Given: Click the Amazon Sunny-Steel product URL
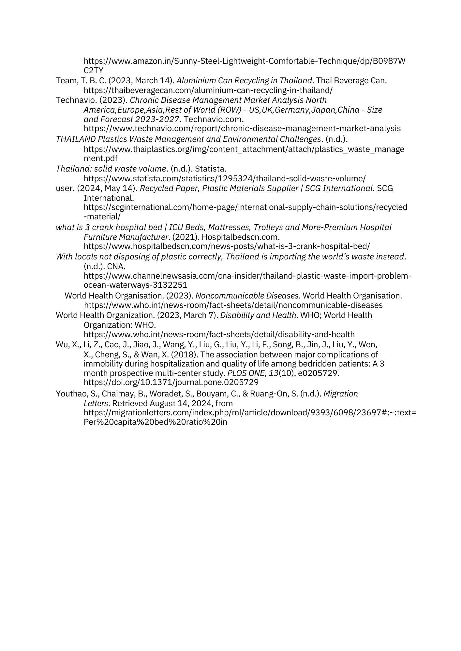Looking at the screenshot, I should tap(245, 61).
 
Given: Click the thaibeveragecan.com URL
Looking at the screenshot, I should tap(208, 90).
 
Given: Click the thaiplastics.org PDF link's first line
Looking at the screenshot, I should tap(244, 149).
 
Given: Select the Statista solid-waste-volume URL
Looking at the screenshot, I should tap(225, 178).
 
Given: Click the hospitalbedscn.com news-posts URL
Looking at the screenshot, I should tap(227, 246).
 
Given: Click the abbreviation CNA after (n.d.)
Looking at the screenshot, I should tap(116, 266).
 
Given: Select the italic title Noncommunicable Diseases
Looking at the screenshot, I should tap(247, 296).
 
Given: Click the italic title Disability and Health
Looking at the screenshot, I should tap(258, 315).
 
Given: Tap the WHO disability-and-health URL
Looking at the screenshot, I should tap(219, 334).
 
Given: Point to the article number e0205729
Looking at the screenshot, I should tap(319, 373).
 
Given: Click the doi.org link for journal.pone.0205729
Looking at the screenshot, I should tap(171, 382).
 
